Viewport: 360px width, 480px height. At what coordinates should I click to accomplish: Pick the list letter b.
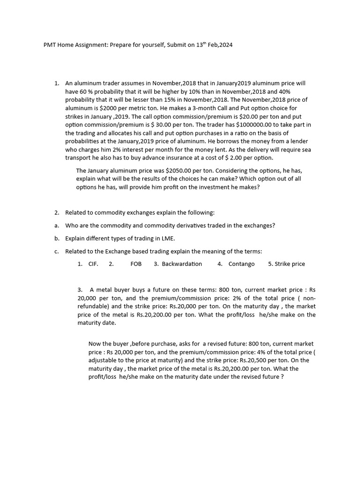(56, 239)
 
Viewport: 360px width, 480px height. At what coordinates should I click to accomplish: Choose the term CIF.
(93, 264)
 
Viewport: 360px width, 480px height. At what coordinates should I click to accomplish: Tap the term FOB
(136, 264)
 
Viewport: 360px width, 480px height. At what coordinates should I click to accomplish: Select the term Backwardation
(182, 264)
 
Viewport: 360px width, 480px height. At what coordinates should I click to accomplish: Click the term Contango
(241, 264)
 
